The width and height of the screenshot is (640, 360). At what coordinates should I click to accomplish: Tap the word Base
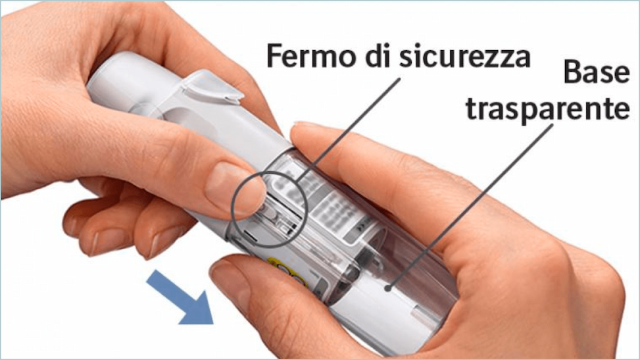597,72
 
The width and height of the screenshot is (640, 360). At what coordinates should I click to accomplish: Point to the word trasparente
547,109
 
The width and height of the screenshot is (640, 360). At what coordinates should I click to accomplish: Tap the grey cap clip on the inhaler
212,87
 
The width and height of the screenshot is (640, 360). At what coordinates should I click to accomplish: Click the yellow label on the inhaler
285,270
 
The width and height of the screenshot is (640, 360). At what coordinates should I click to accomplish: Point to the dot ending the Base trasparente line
388,288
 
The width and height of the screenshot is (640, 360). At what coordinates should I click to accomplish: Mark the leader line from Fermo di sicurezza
349,129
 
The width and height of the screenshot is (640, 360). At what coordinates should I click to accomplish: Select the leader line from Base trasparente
470,207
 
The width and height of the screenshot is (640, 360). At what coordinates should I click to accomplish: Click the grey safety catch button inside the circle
270,213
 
